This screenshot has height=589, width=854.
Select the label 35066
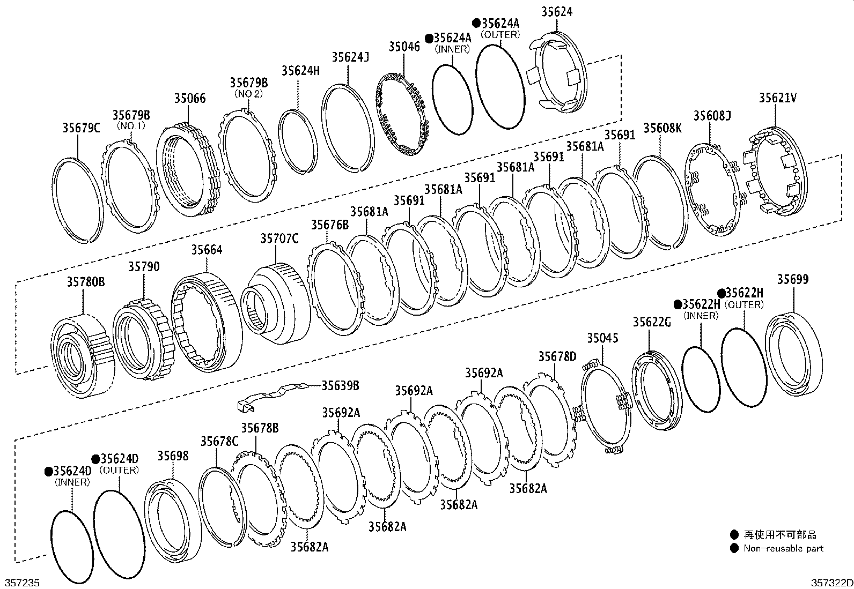click(189, 99)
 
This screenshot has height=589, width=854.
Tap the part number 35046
click(404, 47)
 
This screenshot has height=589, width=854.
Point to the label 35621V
click(777, 98)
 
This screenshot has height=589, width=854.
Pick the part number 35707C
click(279, 238)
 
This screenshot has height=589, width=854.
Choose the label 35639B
click(340, 385)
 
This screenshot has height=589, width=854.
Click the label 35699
click(792, 279)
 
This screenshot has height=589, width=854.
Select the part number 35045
click(602, 338)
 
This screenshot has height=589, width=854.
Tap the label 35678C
click(219, 441)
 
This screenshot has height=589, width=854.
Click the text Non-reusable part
click(783, 548)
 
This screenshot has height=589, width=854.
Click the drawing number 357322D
click(831, 583)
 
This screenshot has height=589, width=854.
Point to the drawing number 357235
click(23, 583)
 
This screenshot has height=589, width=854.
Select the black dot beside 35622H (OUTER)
click(722, 293)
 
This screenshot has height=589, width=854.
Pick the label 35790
click(143, 267)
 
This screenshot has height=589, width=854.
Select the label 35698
click(173, 456)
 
